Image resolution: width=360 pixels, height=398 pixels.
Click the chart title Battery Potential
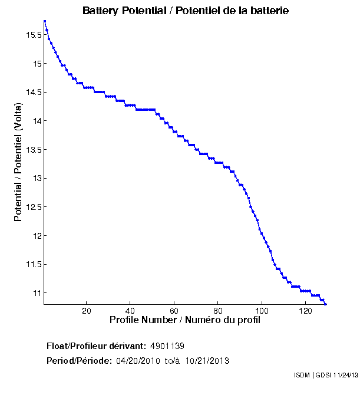[186, 11]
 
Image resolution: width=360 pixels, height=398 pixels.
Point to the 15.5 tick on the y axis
[33, 35]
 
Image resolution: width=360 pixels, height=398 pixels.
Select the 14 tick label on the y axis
[37, 121]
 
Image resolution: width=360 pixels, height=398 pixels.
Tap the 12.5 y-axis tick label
[33, 207]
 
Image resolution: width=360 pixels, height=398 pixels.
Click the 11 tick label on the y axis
[37, 293]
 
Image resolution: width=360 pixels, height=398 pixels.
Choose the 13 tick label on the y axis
[37, 178]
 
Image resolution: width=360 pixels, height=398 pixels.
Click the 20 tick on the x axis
[87, 311]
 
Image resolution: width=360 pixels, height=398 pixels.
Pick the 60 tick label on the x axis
[174, 311]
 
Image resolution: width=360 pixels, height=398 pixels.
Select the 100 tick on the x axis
[262, 311]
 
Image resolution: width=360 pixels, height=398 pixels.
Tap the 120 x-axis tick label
[305, 311]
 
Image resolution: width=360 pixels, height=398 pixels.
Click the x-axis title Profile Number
[185, 320]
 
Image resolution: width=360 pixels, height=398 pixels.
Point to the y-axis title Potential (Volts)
[19, 162]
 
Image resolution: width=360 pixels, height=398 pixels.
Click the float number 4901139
[167, 346]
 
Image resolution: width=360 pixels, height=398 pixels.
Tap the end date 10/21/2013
[207, 360]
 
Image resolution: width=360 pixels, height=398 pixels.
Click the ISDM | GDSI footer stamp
[326, 375]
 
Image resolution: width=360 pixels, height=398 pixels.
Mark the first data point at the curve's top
[45, 21]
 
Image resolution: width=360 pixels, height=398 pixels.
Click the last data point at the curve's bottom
[325, 304]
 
